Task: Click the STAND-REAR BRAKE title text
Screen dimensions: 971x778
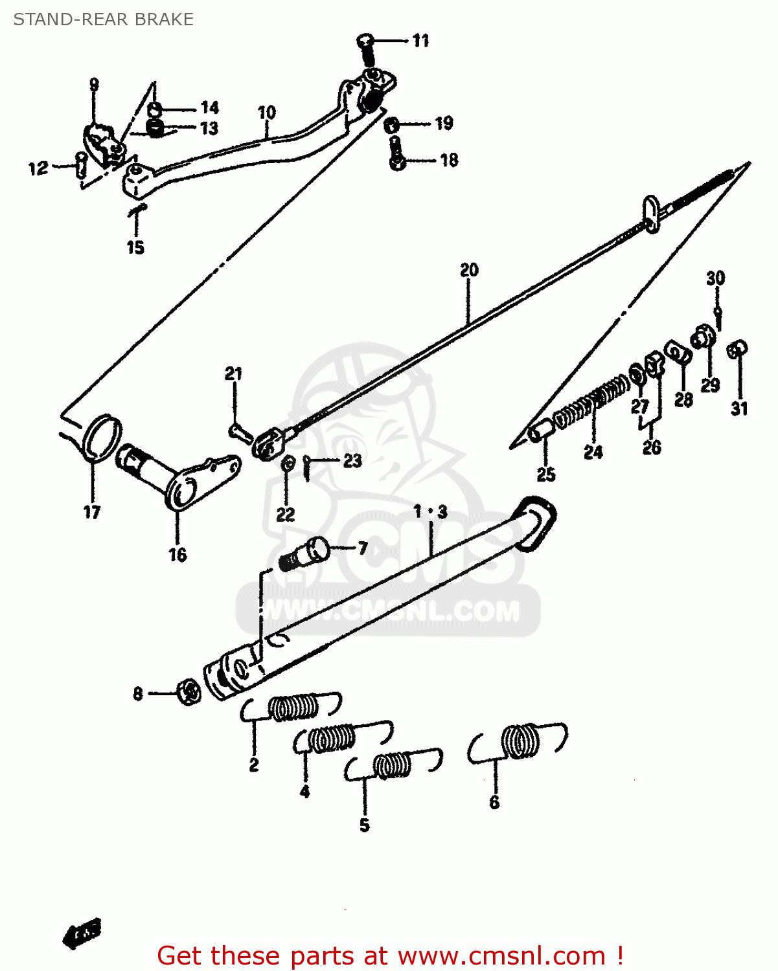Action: (x=103, y=19)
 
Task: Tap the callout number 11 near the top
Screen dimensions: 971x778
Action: (x=420, y=41)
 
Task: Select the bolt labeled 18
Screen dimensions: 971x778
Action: (x=396, y=153)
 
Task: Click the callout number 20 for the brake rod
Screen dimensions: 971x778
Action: (x=469, y=270)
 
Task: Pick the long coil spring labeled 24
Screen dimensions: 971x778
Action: (x=591, y=402)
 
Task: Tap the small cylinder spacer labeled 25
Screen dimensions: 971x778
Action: (x=541, y=430)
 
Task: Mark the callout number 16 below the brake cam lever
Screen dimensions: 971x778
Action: (x=177, y=555)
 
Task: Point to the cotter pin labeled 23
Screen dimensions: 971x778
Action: (x=308, y=467)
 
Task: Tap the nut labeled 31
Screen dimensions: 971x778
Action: (x=737, y=350)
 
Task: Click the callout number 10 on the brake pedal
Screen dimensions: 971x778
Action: (x=266, y=113)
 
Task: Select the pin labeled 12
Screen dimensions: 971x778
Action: (x=80, y=164)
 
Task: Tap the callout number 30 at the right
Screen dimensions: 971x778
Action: (x=715, y=278)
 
